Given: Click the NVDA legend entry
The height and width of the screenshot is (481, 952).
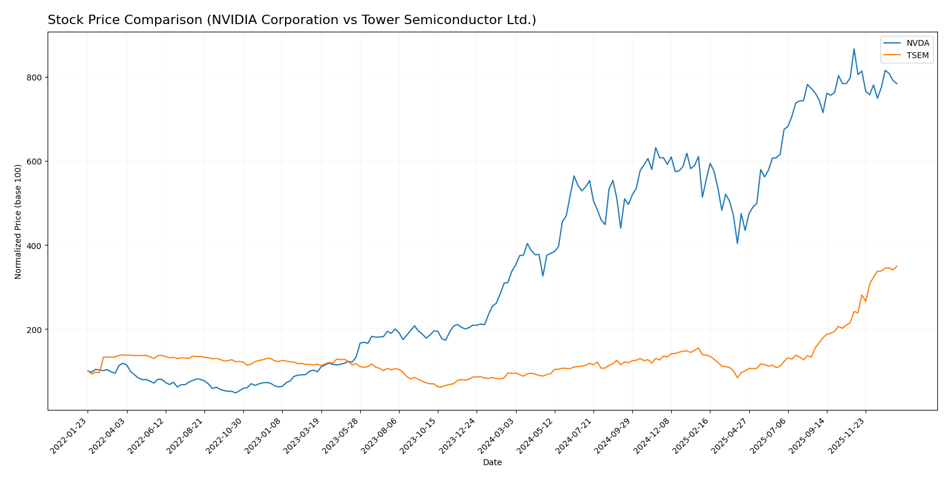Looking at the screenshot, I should pyautogui.click(x=917, y=43).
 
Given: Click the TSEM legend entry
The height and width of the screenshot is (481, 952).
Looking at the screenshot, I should pyautogui.click(x=917, y=56).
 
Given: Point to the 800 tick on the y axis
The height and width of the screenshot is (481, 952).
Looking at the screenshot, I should pyautogui.click(x=33, y=78).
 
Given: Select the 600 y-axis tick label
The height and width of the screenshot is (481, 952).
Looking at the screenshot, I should pyautogui.click(x=33, y=162).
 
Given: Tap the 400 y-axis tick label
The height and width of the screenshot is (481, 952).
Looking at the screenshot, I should pyautogui.click(x=33, y=245).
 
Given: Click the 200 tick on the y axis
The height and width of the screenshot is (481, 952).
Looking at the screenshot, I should pyautogui.click(x=33, y=329).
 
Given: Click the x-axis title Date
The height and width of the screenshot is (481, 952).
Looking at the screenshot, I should pyautogui.click(x=492, y=463).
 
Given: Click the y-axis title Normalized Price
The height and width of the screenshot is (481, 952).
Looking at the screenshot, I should pyautogui.click(x=18, y=221).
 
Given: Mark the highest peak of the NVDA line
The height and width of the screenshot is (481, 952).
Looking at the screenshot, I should pyautogui.click(x=854, y=49).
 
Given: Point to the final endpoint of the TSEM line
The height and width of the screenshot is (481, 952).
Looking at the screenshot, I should pyautogui.click(x=897, y=266).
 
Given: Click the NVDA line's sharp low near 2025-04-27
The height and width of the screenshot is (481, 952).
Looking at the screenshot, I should pyautogui.click(x=738, y=243).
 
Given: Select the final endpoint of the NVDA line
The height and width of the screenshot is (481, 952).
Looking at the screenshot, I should pyautogui.click(x=897, y=84).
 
